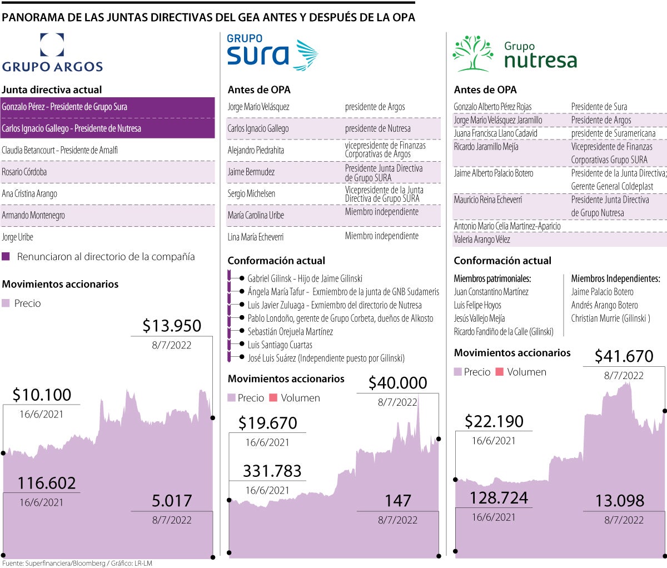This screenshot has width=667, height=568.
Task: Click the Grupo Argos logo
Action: [x=52, y=53]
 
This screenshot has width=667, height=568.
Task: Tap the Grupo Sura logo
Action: [x=272, y=52]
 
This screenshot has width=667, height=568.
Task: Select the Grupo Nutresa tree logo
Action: [x=473, y=53]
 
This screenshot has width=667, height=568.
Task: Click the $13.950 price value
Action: [x=172, y=326]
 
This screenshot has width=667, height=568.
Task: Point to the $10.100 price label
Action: [x=42, y=395]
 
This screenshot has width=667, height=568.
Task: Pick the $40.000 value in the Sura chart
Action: [x=397, y=383]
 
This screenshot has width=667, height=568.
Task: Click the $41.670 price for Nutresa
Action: [x=624, y=356]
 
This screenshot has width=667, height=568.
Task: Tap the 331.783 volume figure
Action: [x=272, y=471]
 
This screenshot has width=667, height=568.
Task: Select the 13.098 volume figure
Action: [x=620, y=501]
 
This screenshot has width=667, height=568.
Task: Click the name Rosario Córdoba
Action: [x=24, y=172]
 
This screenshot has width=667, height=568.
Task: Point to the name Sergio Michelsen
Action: [x=251, y=193]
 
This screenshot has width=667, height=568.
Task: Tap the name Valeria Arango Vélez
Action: [x=482, y=240]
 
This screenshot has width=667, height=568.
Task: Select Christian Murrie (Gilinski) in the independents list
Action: [x=610, y=318]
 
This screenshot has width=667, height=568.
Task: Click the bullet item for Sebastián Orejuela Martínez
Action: [x=290, y=332]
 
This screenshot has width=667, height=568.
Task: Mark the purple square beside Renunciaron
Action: [x=6, y=257]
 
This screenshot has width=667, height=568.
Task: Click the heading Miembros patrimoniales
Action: [x=492, y=278]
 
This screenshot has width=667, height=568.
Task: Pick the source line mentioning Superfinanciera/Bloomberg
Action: [x=77, y=563]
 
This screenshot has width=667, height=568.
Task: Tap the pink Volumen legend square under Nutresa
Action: [x=499, y=372]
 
